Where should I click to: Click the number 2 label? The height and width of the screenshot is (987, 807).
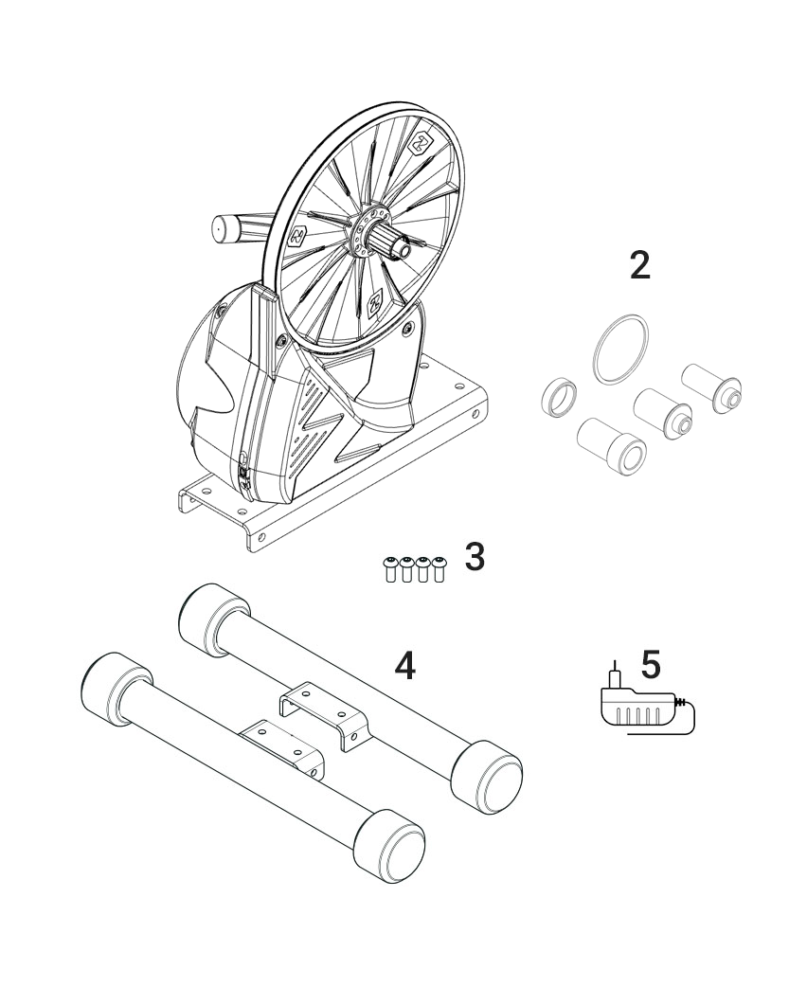tap(640, 266)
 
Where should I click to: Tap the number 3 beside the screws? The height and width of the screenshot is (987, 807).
tap(475, 557)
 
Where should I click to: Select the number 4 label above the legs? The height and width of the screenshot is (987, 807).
tap(404, 666)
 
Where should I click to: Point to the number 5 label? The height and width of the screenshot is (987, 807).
tap(651, 664)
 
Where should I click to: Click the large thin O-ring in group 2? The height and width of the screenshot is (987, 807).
tap(621, 351)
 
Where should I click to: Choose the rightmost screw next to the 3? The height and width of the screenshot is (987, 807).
tap(439, 568)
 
